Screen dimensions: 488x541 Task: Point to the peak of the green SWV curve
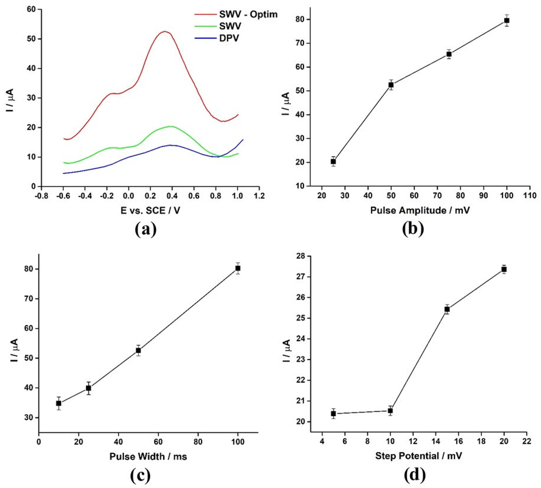click(x=171, y=126)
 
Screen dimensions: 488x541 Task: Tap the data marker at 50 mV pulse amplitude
click(x=391, y=85)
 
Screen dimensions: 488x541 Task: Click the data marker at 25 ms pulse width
click(x=88, y=388)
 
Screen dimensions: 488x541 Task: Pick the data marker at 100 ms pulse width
click(x=238, y=268)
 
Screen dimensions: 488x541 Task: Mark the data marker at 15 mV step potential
click(x=447, y=309)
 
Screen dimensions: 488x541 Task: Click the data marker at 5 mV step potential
click(x=333, y=414)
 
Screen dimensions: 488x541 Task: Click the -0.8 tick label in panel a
click(x=42, y=196)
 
